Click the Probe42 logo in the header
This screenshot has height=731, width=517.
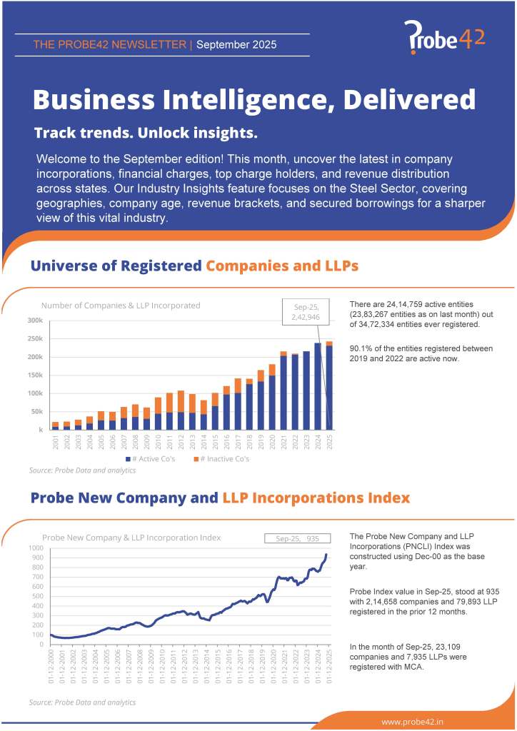pos(444,37)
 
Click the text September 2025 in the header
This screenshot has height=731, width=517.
pos(236,45)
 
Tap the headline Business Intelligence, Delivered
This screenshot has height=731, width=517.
pos(254,99)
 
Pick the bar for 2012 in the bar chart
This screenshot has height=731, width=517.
pos(181,410)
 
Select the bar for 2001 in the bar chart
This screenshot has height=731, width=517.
pos(55,425)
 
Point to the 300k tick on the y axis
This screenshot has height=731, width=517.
pos(35,321)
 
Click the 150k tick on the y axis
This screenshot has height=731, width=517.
pos(35,375)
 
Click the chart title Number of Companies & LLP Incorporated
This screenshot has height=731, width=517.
pos(121,306)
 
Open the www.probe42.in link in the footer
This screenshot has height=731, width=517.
pos(413,722)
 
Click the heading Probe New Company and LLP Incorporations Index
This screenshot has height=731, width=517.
pos(220,498)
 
